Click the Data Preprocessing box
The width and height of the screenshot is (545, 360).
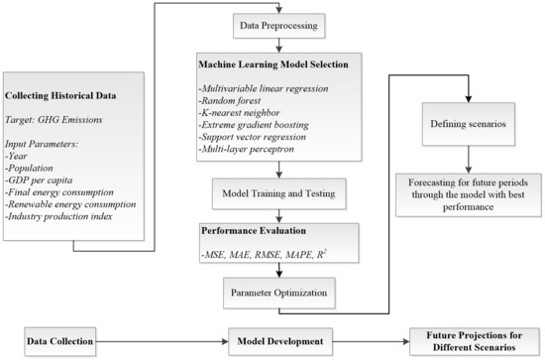click(273, 21)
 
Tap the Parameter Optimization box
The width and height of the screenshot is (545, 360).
click(273, 292)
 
